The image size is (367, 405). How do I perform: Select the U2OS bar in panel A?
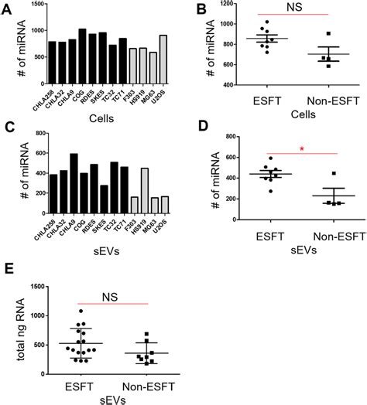[163, 57]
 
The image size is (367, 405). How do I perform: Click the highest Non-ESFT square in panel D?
[334, 173]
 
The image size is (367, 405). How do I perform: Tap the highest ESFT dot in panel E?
[81, 311]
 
